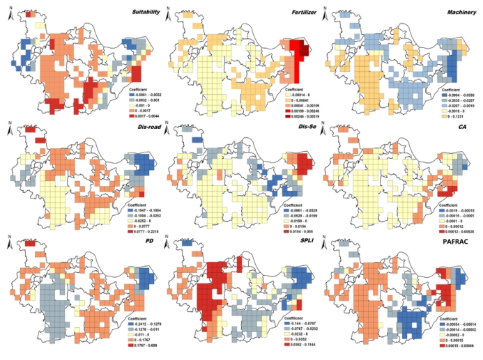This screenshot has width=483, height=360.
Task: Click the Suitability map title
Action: coord(141,12)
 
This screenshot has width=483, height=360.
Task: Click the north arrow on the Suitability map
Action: coord(7,12)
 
